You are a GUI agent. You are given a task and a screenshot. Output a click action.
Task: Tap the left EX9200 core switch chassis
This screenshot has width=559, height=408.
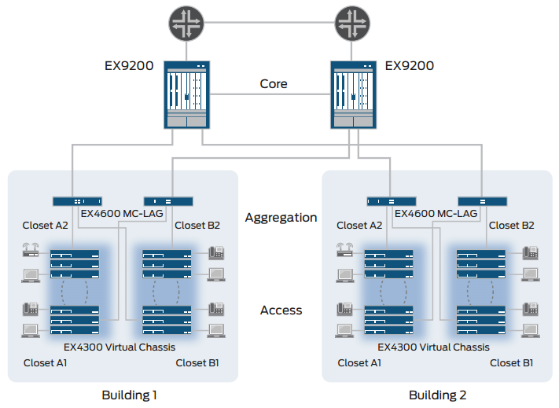click(x=187, y=96)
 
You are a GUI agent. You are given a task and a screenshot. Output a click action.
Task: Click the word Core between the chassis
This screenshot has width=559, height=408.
click(x=274, y=84)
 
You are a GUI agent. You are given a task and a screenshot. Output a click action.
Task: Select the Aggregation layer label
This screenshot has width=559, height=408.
click(x=281, y=218)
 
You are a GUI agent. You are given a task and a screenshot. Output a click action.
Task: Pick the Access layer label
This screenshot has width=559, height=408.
click(x=281, y=311)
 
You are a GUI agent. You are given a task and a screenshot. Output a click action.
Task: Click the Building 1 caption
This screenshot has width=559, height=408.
click(x=130, y=395)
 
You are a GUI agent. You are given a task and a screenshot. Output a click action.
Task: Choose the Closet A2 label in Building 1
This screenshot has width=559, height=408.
click(x=46, y=226)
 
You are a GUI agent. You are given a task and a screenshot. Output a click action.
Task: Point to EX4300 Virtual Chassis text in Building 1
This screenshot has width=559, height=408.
click(x=120, y=347)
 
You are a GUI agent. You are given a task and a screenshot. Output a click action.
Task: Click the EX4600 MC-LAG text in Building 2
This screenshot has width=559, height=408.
click(x=436, y=213)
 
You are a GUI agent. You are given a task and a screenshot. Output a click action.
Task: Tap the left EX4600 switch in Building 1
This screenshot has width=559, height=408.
click(x=77, y=201)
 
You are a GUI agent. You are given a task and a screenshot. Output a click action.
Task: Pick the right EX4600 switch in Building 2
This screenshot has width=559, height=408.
click(x=483, y=201)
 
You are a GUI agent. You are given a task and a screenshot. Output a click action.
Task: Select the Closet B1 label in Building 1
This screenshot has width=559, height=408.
click(x=197, y=363)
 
